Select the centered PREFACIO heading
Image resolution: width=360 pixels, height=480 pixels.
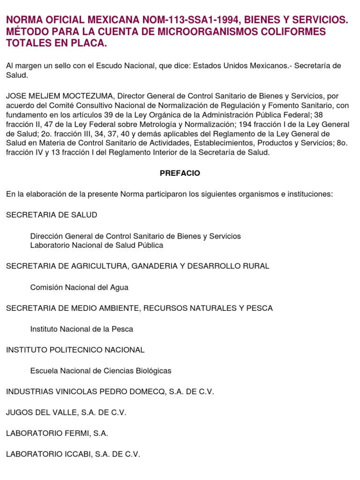coord(180,173)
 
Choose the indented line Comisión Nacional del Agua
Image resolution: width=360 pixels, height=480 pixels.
coord(79,287)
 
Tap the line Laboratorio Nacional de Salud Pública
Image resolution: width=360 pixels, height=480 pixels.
coord(97,245)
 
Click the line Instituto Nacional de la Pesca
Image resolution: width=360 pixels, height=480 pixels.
coord(82,329)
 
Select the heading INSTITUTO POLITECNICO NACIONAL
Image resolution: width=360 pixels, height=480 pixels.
coord(75,350)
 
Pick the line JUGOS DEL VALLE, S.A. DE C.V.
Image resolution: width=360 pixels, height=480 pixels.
coord(66,412)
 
